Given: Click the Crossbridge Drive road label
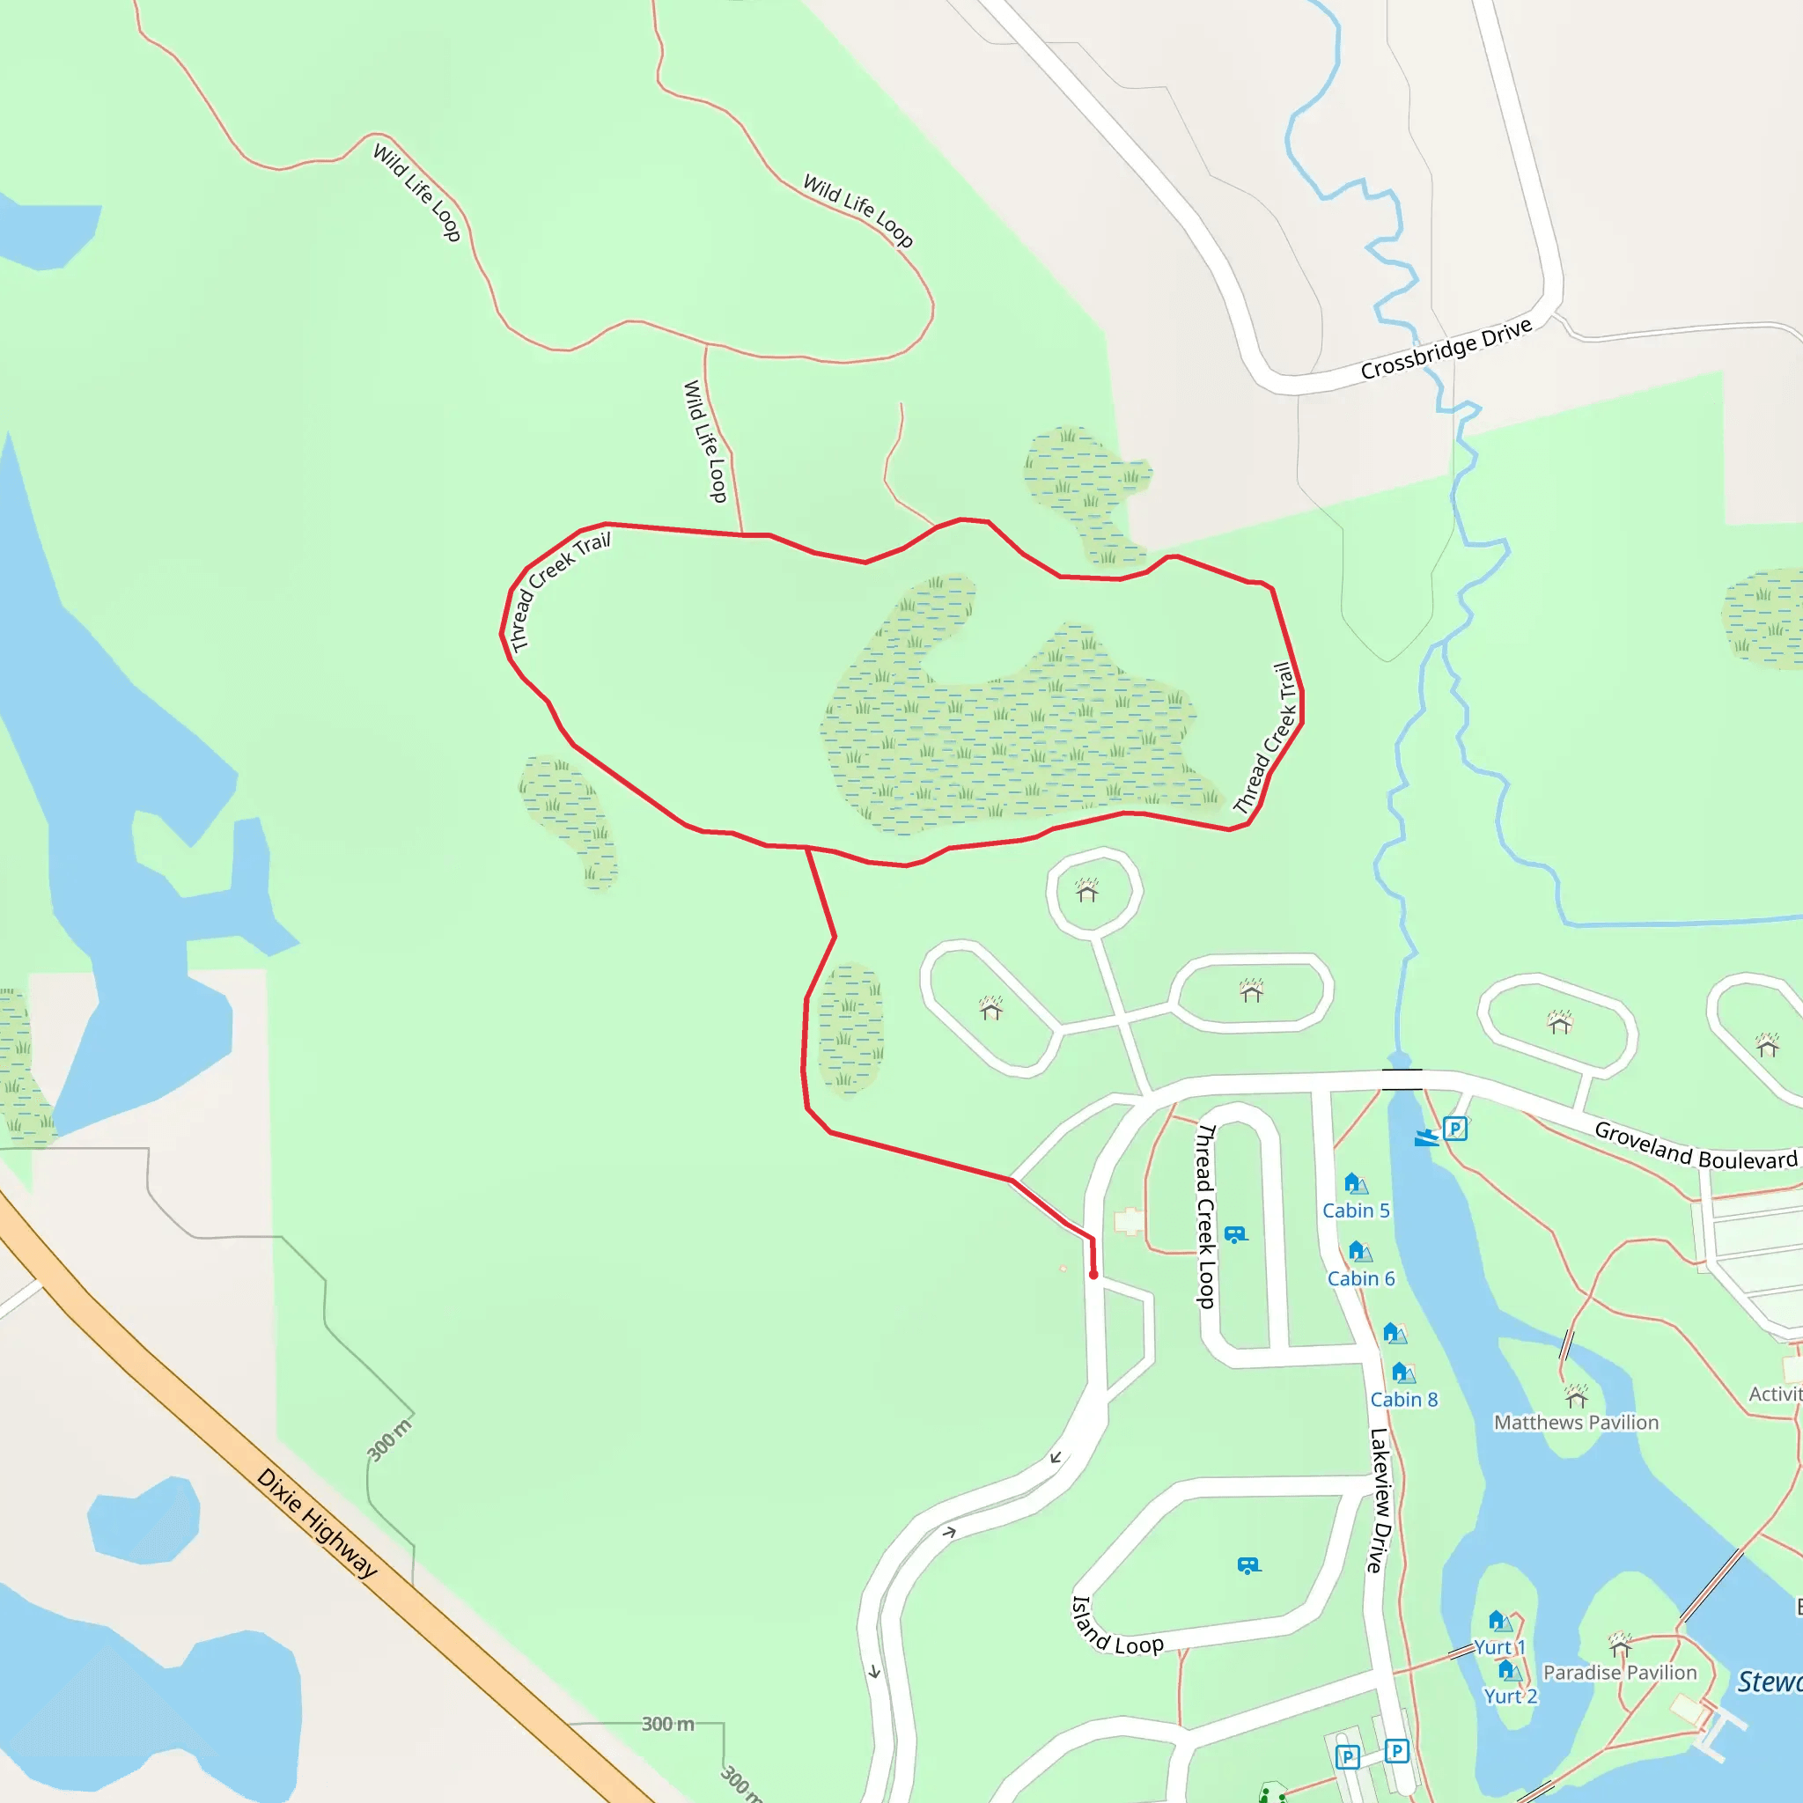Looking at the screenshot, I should click(1446, 349).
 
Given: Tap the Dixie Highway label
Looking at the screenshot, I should click(316, 1523).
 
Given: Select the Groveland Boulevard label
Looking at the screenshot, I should click(1695, 1146).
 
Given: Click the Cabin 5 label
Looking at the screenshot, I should click(1356, 1211).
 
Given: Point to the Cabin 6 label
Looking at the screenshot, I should click(1361, 1278).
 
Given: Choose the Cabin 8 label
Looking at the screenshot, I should click(1403, 1400).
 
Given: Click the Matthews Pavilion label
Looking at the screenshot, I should click(1576, 1423).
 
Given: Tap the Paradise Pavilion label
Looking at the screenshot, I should click(1620, 1673).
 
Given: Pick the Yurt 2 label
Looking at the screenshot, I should click(1510, 1696).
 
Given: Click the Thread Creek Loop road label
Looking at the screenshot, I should click(1206, 1216).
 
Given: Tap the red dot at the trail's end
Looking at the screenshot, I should click(1093, 1275).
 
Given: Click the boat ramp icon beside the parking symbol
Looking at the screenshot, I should click(1426, 1137).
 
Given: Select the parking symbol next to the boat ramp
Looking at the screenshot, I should click(1456, 1130).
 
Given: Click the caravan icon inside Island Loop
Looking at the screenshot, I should click(1248, 1565).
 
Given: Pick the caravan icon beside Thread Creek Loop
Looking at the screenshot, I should click(1235, 1234).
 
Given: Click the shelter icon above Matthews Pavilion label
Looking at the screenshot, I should click(1576, 1396).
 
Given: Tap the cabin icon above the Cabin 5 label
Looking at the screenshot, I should click(1355, 1183).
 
